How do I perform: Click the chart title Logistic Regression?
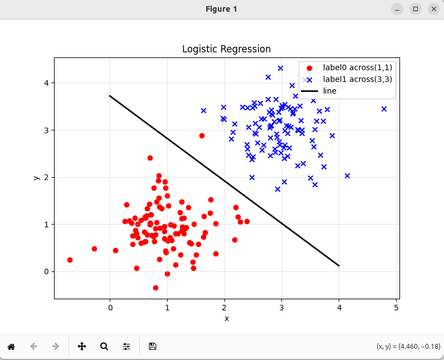(226, 49)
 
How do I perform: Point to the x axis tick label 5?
(396, 307)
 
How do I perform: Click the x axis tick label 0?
(110, 307)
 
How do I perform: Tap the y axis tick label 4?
(47, 83)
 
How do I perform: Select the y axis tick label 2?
(47, 177)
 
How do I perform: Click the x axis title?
(226, 318)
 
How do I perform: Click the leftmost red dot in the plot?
(70, 260)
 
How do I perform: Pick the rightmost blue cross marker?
(384, 109)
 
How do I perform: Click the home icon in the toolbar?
(11, 346)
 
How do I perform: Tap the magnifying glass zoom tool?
(104, 346)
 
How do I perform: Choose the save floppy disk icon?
(153, 346)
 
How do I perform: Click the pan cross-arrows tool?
(82, 346)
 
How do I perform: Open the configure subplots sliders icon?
(126, 346)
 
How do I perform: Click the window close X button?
(433, 9)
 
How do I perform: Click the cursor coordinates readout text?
(407, 347)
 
